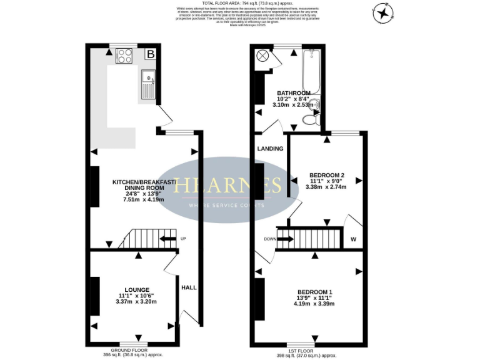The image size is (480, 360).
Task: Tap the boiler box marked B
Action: pos(149,54)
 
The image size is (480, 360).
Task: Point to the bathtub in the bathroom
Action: pos(311,72)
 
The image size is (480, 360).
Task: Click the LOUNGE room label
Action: pos(136,289)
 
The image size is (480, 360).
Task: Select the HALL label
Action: pos(189,287)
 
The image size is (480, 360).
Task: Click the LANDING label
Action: pos(270,149)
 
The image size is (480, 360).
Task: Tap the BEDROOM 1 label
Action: pos(314,292)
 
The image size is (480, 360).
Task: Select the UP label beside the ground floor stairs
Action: pos(182,239)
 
